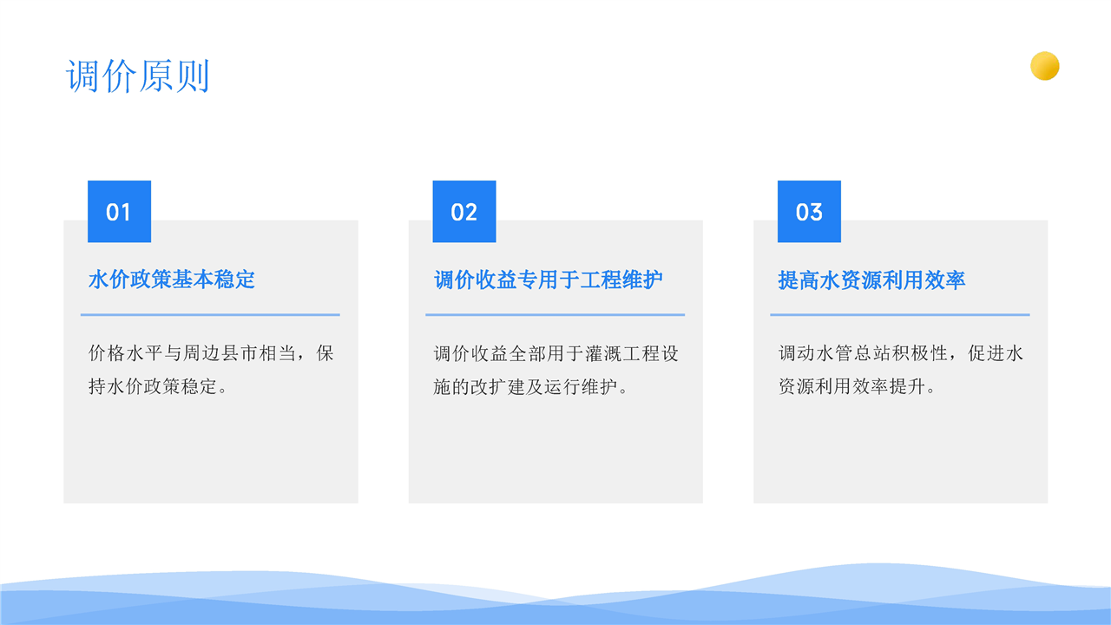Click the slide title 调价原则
(137, 76)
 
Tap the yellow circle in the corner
(1044, 66)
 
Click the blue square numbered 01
(119, 211)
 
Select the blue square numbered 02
(464, 211)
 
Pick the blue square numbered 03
(809, 211)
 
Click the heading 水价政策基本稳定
(172, 280)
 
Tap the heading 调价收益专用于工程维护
(548, 280)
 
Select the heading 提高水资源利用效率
(871, 280)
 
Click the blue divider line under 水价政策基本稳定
(210, 314)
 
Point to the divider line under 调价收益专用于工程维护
(555, 314)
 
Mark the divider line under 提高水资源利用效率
(900, 314)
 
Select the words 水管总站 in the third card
(853, 353)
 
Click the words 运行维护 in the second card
(581, 386)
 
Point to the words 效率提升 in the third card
(889, 386)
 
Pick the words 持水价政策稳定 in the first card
(153, 386)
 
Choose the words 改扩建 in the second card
(497, 386)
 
